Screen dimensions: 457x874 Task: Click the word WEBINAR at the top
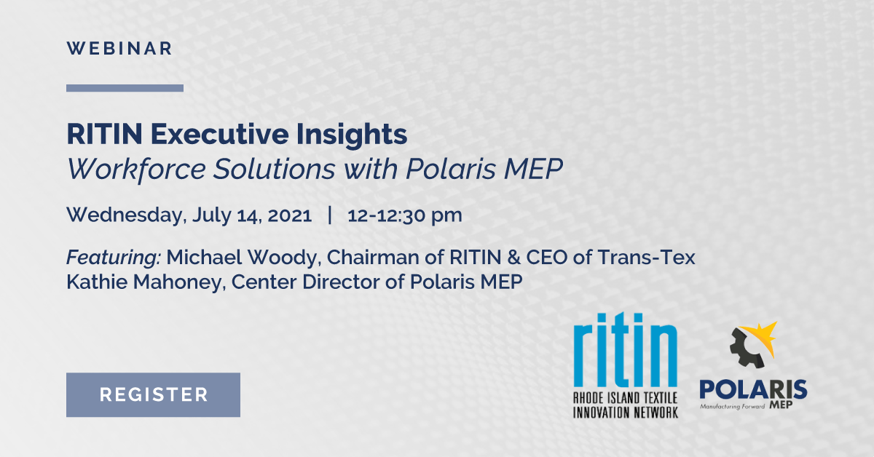119,49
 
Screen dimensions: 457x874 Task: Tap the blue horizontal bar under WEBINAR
125,88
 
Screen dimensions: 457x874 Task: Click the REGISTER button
153,395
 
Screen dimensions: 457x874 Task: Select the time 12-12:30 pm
405,216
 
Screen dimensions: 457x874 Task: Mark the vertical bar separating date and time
331,215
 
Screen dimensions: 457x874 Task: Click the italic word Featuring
114,258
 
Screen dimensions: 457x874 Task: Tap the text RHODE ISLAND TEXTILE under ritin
625,398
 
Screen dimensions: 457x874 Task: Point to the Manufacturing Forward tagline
732,407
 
